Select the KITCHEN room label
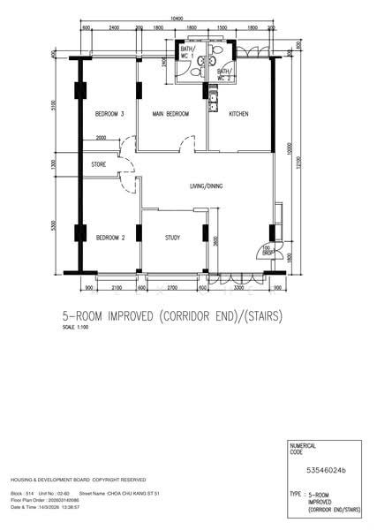[238, 115]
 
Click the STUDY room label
[174, 238]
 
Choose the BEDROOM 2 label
[110, 238]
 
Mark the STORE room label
[99, 165]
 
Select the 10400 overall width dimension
[177, 19]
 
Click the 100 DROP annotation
[268, 249]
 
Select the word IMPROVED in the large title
[149, 315]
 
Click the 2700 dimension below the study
[172, 287]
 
